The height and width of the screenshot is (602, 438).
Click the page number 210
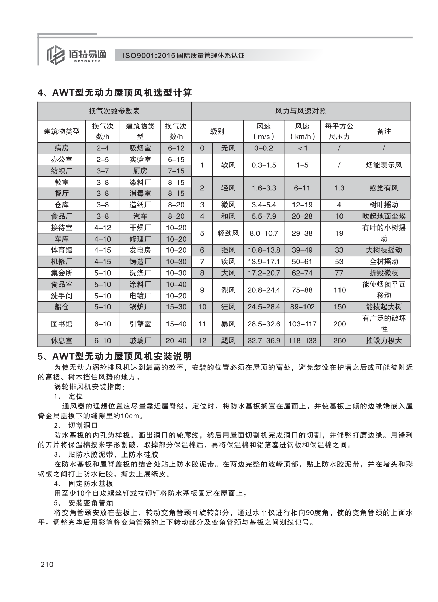click(x=47, y=564)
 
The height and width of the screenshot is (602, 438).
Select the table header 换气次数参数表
click(x=114, y=111)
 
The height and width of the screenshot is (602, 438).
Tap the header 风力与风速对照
click(x=300, y=111)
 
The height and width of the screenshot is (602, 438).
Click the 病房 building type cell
click(x=61, y=148)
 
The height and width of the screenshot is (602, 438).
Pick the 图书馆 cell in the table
click(x=61, y=324)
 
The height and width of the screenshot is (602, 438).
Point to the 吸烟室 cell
click(x=140, y=148)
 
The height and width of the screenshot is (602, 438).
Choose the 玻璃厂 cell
click(x=140, y=341)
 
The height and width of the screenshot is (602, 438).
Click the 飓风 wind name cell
click(x=228, y=341)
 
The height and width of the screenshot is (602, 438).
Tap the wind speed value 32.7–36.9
click(x=264, y=341)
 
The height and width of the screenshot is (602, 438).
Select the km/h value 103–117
click(x=302, y=324)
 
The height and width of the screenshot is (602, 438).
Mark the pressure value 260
click(x=339, y=341)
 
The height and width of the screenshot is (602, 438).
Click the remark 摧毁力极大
click(x=384, y=341)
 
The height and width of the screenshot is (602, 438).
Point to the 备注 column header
click(x=384, y=131)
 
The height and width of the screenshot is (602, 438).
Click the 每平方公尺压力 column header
click(x=339, y=131)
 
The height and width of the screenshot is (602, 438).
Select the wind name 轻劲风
click(x=228, y=233)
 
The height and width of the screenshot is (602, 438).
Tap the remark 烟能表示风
click(x=384, y=165)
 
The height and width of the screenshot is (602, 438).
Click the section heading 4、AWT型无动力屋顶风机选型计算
click(x=115, y=93)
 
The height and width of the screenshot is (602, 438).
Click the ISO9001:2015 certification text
click(x=181, y=55)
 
